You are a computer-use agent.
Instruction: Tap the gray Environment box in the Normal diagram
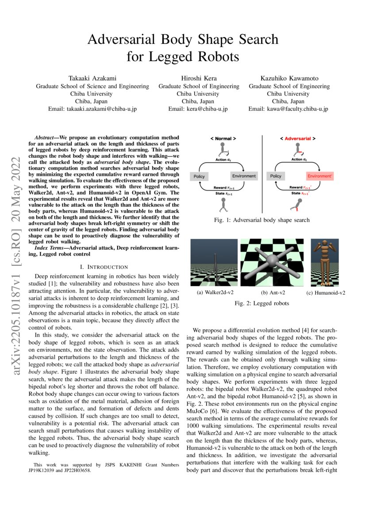[x=243, y=176]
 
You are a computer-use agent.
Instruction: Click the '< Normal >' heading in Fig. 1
[x=223, y=139]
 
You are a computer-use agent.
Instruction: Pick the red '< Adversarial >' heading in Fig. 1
[x=298, y=139]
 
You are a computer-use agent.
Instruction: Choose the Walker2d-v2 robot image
[x=214, y=262]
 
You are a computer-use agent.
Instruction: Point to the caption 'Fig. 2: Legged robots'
[x=262, y=304]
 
